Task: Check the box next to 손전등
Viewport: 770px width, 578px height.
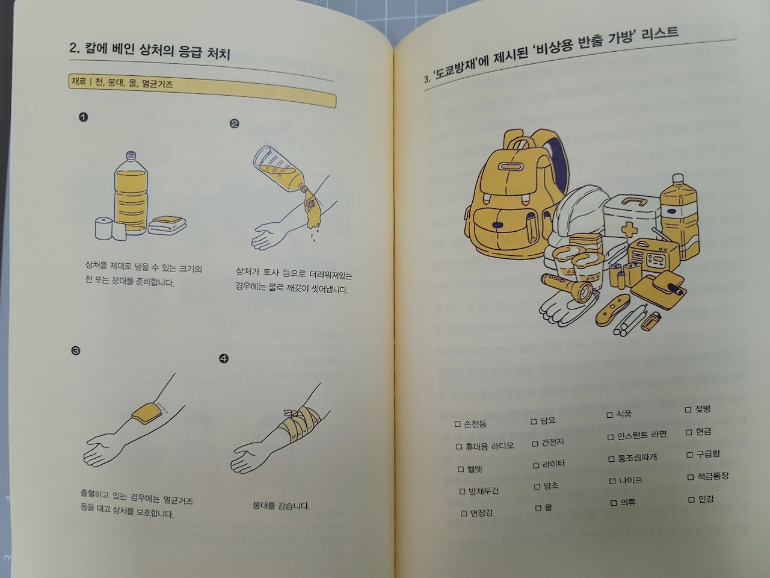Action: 457,424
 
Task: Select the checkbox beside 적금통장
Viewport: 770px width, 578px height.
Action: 691,477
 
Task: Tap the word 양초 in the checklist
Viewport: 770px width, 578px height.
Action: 550,486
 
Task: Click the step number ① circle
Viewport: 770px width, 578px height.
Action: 84,117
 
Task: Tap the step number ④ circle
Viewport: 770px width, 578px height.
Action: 224,359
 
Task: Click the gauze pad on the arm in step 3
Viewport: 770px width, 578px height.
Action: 146,414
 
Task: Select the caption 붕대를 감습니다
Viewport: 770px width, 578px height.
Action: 281,506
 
